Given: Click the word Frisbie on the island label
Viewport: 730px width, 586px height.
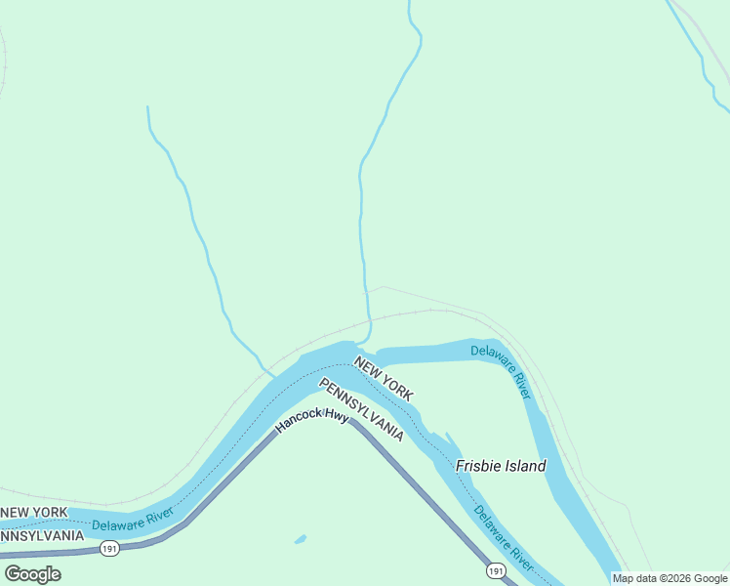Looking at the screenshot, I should [x=478, y=466].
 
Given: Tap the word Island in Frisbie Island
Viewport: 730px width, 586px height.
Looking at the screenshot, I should [x=525, y=466].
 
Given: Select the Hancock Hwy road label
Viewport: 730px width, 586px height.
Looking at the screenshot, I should [x=311, y=421].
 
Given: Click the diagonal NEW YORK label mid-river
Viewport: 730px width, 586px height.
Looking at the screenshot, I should [x=384, y=379].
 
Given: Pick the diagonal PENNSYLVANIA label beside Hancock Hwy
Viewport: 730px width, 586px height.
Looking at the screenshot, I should [x=361, y=409].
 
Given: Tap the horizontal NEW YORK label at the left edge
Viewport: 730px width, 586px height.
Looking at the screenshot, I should [x=34, y=512].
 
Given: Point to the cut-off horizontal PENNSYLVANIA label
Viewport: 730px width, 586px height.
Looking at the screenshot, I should [x=41, y=535].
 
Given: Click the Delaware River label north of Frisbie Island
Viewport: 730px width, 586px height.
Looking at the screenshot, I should [x=502, y=370].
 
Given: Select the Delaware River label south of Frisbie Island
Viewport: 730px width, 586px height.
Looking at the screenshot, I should [x=504, y=538].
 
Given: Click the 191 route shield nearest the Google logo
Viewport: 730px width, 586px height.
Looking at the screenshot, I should [x=108, y=551].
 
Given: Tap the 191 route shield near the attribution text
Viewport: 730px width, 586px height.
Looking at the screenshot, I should [x=497, y=570].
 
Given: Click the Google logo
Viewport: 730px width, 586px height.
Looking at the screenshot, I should [x=32, y=573].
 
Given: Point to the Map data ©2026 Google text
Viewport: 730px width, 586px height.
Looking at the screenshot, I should [x=669, y=578].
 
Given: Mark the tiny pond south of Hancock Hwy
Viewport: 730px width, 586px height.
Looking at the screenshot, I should [x=300, y=539].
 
